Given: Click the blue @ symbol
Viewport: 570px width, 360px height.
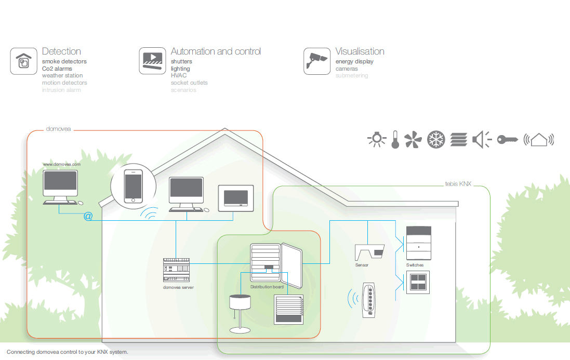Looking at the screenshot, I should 88,216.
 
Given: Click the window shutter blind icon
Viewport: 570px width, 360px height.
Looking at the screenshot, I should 288,310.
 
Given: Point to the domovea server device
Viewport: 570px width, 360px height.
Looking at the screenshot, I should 178,270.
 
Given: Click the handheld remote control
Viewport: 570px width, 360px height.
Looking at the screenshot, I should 369,299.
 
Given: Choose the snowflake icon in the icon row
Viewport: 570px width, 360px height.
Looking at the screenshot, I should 436,139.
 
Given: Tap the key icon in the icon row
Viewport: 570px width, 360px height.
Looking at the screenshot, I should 508,139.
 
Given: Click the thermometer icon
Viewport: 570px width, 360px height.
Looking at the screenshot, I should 395,139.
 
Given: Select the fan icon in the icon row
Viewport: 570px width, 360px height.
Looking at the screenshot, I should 413,139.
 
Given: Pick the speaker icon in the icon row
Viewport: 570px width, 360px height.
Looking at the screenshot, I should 482,139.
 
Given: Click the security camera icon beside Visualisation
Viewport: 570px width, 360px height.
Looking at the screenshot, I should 317,61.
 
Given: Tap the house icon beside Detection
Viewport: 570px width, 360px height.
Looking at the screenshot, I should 23,61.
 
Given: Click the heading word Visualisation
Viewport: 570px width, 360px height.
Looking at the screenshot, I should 360,51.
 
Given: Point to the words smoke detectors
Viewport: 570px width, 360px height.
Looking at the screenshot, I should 64,61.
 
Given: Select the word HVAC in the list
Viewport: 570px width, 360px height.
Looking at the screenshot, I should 178,75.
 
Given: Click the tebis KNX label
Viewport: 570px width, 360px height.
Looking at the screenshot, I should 458,184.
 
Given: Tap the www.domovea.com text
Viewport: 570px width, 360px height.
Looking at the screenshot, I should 62,164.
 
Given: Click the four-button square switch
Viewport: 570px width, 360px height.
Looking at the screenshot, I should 418,282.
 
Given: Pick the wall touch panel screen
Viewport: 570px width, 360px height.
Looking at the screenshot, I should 235,198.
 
